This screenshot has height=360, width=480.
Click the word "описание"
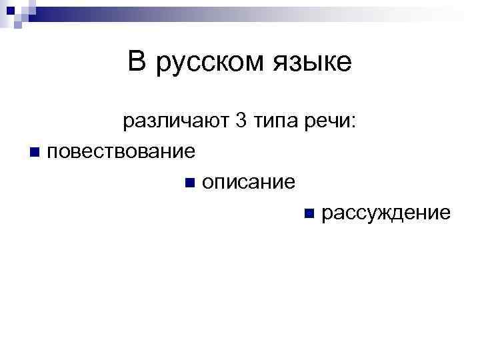(248, 182)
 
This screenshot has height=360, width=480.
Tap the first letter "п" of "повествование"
(53, 153)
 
